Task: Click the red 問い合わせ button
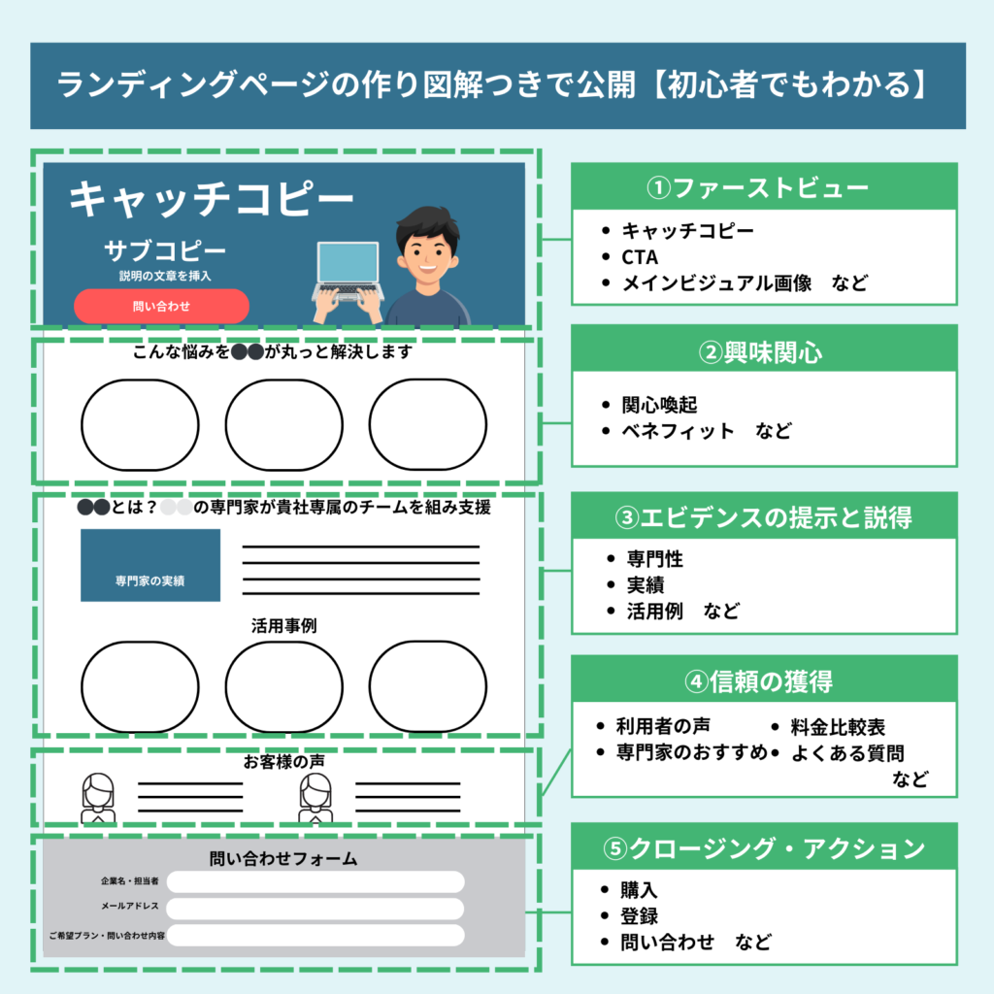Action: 161,306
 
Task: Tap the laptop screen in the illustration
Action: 348,264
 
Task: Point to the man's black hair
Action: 427,222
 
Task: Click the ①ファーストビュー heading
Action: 763,186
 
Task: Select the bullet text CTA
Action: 640,257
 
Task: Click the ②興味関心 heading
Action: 763,350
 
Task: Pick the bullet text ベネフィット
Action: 678,431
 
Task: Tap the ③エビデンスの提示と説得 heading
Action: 763,517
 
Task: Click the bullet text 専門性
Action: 649,559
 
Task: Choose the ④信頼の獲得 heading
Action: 763,681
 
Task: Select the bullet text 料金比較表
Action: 838,727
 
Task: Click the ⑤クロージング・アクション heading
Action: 763,848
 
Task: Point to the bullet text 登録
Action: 640,915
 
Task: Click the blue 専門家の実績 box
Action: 150,565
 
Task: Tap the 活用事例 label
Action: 283,626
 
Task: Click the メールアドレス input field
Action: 315,909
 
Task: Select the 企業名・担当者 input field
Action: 315,881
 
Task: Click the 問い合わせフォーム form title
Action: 283,858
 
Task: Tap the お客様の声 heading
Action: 283,762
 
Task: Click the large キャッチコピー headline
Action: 212,199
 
